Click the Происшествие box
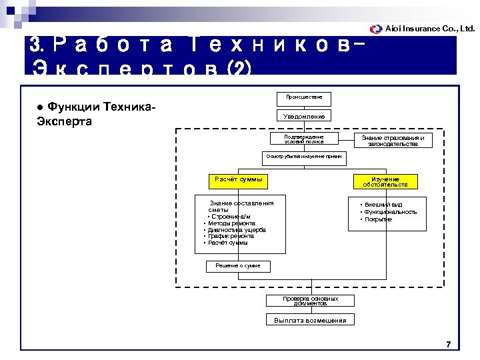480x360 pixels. pyautogui.click(x=304, y=97)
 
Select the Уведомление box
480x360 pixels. pyautogui.click(x=304, y=117)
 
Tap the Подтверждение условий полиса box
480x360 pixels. pyautogui.click(x=304, y=139)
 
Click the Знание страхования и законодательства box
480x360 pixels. pyautogui.click(x=393, y=140)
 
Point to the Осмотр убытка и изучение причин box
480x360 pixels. pyautogui.click(x=304, y=156)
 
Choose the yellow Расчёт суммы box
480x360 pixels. pyautogui.click(x=239, y=180)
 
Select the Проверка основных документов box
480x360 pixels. pyautogui.click(x=310, y=301)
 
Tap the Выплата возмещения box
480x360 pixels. pyautogui.click(x=310, y=321)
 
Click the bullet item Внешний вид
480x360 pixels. pyautogui.click(x=383, y=205)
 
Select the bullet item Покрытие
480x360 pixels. pyautogui.click(x=379, y=219)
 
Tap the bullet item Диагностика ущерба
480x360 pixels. pyautogui.click(x=237, y=230)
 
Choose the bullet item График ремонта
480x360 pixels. pyautogui.click(x=231, y=236)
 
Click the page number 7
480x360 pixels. pyautogui.click(x=448, y=345)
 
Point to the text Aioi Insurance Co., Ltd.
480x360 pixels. pyautogui.click(x=430, y=29)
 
